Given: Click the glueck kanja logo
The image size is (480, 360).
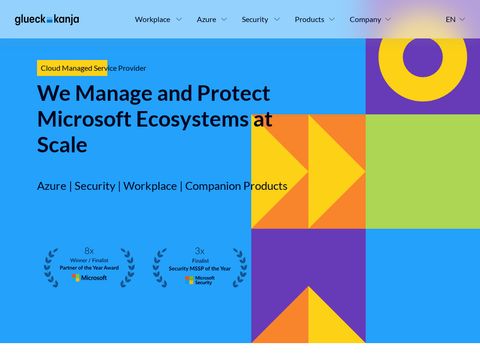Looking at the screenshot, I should [47, 19].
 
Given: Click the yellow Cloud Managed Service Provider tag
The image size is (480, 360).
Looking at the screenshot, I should [92, 68].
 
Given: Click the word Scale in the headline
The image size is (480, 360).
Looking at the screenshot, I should [62, 145].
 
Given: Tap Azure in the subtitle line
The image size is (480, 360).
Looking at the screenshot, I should [51, 186].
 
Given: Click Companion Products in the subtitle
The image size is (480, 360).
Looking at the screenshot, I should [236, 186].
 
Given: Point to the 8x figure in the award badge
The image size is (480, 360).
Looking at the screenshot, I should [89, 250].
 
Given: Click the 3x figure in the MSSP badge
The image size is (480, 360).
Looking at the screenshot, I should [199, 250].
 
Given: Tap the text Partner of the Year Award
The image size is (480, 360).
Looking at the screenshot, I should [89, 268].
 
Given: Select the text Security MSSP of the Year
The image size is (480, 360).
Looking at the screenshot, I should [199, 268].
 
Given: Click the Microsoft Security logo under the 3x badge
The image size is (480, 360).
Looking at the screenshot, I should [199, 280].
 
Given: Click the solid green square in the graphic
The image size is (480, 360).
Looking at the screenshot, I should [422, 171].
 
